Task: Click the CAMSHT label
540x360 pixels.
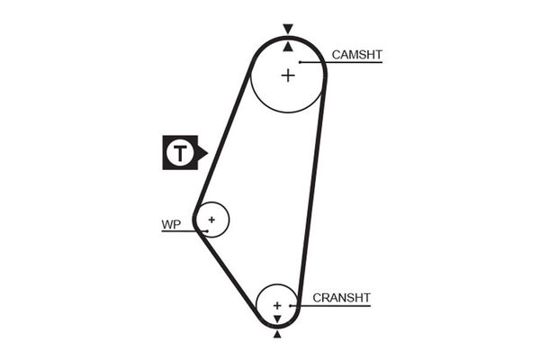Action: coord(356,55)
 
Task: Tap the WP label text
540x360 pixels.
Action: coord(171,224)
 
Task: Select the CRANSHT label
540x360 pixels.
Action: coord(341,298)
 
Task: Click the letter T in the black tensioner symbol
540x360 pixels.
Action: coord(180,154)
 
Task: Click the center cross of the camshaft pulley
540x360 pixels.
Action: coord(287,75)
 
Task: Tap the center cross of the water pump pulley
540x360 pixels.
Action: coord(211,219)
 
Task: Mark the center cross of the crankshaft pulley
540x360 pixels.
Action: coord(277,306)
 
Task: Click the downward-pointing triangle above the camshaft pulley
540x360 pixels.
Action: coord(287,29)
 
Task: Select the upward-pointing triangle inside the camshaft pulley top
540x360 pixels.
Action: coord(287,45)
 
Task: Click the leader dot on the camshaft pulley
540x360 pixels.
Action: coord(301,62)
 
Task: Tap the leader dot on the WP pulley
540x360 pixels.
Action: coord(207,231)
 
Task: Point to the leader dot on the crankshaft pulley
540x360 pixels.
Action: coord(290,306)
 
